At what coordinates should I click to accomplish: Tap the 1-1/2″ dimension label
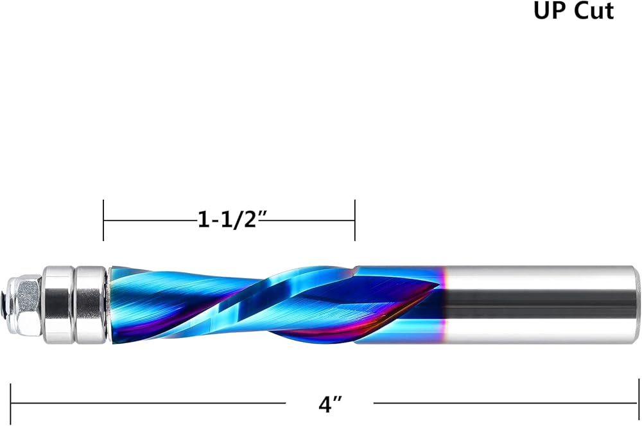pyautogui.click(x=229, y=220)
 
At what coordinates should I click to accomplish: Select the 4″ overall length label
pyautogui.click(x=329, y=405)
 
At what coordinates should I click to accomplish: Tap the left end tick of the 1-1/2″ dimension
pyautogui.click(x=103, y=220)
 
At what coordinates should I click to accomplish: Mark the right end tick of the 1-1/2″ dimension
pyautogui.click(x=354, y=220)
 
